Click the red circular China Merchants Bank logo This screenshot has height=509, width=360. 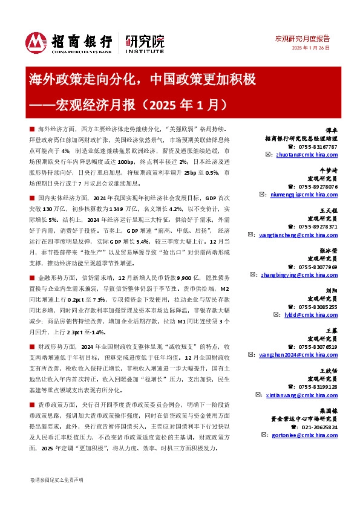[x=35, y=41]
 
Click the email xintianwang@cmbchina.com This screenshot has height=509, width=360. [x=306, y=394]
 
